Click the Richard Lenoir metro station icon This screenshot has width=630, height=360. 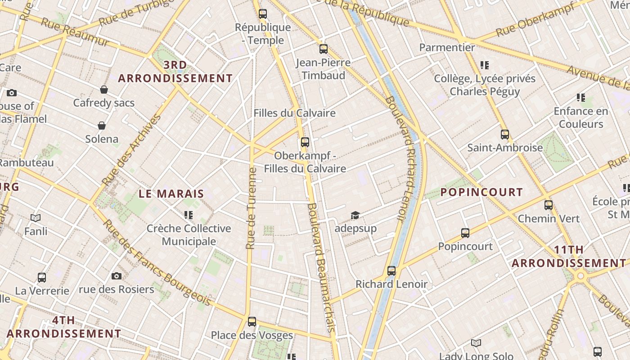(x=391, y=270)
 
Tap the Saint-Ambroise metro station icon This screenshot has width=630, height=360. (x=504, y=134)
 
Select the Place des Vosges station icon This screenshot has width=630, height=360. (x=252, y=321)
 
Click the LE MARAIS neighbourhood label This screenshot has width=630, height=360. (x=171, y=194)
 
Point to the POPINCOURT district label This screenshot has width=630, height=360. (x=481, y=192)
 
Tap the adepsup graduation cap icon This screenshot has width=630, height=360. (x=355, y=215)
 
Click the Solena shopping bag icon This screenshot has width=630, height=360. (x=102, y=125)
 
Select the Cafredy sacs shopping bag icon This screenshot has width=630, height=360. (x=104, y=90)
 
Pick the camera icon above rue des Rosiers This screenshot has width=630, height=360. (x=117, y=276)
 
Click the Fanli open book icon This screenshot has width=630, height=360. (x=36, y=218)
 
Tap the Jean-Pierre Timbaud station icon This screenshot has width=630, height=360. (x=323, y=49)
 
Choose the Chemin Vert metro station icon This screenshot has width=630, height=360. (x=548, y=205)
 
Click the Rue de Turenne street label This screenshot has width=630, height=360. (x=252, y=208)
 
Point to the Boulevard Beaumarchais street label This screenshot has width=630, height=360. (x=320, y=268)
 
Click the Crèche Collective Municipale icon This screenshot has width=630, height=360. (x=189, y=215)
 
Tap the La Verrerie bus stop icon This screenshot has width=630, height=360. (x=42, y=277)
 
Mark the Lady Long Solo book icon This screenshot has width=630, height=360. (x=476, y=343)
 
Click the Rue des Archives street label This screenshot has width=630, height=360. (x=131, y=150)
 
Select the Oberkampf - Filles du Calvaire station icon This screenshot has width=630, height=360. (x=305, y=142)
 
